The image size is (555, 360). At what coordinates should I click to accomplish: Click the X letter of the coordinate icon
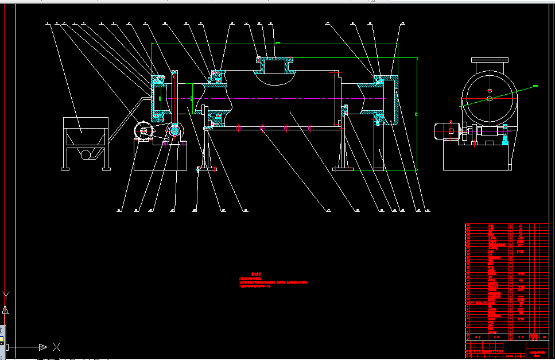click(x=56, y=347)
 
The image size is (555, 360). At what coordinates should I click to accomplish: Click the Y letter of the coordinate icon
click(x=6, y=296)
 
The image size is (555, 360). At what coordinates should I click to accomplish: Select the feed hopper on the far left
click(x=85, y=131)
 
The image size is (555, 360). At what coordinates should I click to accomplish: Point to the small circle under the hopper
click(x=87, y=154)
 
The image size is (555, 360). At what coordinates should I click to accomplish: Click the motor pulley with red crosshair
click(x=142, y=131)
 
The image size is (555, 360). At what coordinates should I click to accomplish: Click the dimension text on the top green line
click(x=278, y=42)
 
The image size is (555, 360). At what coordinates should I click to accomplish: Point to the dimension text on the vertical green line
click(x=414, y=114)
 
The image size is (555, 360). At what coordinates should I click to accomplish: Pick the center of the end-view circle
click(x=490, y=98)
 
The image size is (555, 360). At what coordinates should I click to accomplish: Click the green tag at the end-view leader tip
click(x=535, y=86)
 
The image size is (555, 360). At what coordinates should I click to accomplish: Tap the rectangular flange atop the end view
click(x=490, y=60)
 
